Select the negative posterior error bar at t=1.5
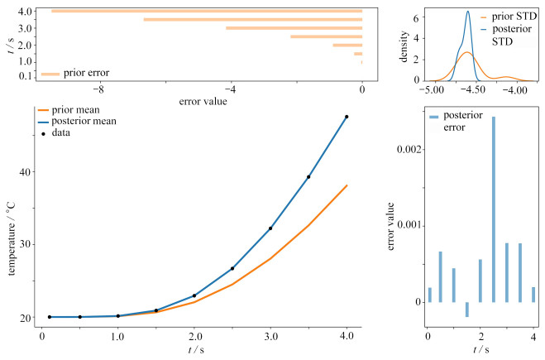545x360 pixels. coord(466,310)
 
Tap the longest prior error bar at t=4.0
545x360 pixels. coord(207,11)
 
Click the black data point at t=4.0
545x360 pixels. coord(347,117)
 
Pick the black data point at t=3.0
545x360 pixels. coord(270,228)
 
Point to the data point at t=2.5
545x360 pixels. coord(232,268)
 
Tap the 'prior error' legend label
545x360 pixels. coord(86,73)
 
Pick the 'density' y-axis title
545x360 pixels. coord(404,45)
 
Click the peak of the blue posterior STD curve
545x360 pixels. coord(467,12)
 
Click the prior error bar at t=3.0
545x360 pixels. coord(294,28)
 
